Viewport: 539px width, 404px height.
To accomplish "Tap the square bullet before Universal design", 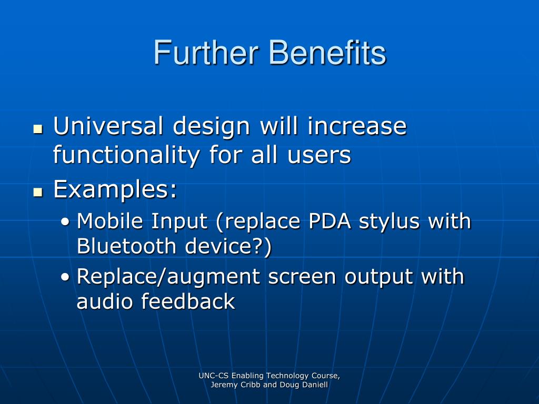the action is pyautogui.click(x=38, y=129).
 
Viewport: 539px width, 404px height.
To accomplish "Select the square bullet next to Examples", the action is pyautogui.click(x=38, y=192).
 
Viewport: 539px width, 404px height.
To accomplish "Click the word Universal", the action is pyautogui.click(x=108, y=126).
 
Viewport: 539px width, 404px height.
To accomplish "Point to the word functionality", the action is pyautogui.click(x=126, y=155).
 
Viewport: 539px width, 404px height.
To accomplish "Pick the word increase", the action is pyautogui.click(x=357, y=126).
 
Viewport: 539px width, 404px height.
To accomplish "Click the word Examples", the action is pyautogui.click(x=115, y=189).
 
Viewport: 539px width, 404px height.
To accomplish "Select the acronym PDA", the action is pyautogui.click(x=330, y=221).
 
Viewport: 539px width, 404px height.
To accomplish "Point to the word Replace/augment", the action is pyautogui.click(x=168, y=277).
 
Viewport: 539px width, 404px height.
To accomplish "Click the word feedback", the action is pyautogui.click(x=188, y=301).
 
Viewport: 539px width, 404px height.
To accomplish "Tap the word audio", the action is pyautogui.click(x=105, y=301).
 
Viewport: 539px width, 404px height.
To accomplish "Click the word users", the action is pyautogui.click(x=319, y=155).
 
